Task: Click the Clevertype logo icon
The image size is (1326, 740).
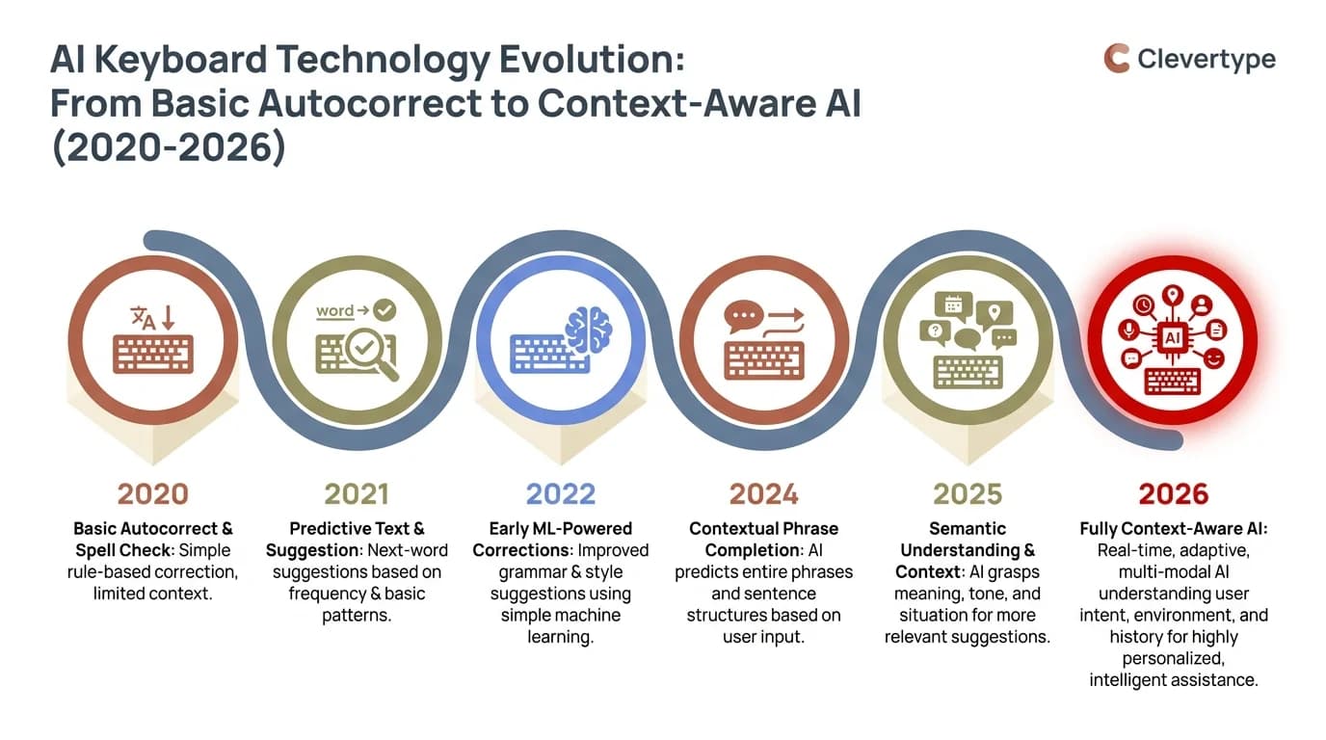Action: click(1116, 58)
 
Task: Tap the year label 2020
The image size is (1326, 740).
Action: click(152, 494)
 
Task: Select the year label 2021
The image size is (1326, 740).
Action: click(357, 494)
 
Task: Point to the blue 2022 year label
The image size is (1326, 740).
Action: click(561, 494)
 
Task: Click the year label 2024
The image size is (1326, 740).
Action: click(764, 494)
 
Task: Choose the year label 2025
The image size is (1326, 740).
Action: click(968, 494)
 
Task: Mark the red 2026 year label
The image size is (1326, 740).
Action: click(1173, 494)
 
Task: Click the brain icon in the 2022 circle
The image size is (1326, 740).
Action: click(588, 330)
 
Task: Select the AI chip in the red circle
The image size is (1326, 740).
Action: click(1173, 338)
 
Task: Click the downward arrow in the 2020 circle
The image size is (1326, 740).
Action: click(168, 318)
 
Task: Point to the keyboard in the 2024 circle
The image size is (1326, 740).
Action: click(764, 360)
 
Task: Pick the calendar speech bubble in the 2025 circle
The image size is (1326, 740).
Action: click(953, 304)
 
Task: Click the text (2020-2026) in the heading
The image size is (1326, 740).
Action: click(168, 149)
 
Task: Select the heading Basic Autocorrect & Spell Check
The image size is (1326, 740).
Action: click(152, 540)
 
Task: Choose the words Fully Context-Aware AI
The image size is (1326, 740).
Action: click(1173, 529)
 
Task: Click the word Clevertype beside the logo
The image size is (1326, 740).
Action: click(1206, 59)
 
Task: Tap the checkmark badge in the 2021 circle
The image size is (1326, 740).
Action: click(385, 309)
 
